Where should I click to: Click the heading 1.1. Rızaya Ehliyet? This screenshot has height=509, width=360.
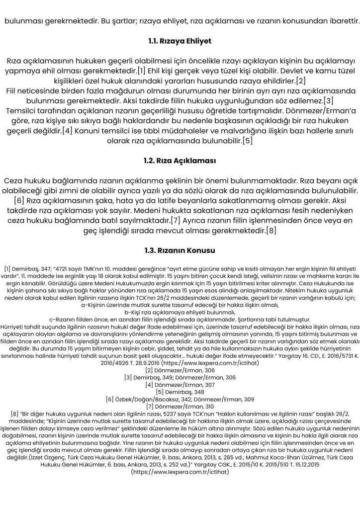(180, 40)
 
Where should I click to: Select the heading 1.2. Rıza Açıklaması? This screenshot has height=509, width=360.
(180, 161)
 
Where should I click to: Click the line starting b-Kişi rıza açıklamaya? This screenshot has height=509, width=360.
(180, 311)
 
